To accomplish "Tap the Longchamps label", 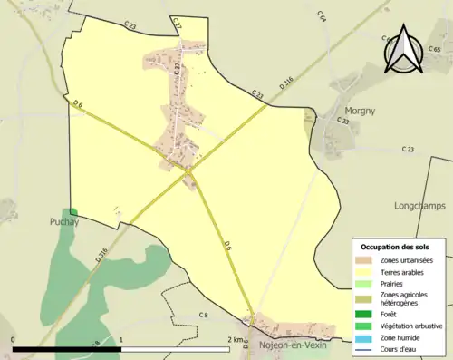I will pos(419,206).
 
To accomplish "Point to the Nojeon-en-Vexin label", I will pos(290,345).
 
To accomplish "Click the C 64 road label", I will pos(322,15).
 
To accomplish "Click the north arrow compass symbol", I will pos(406,50).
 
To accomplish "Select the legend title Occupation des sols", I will pos(395,247).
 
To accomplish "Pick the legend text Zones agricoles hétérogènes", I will pos(405,299).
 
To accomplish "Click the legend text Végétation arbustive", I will pos(410,326).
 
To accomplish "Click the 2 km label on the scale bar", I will pos(236,340).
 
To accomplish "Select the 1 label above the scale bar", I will pos(121,340).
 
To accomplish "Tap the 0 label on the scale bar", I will pos(14,340).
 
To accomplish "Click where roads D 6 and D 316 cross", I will pos(188,170).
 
